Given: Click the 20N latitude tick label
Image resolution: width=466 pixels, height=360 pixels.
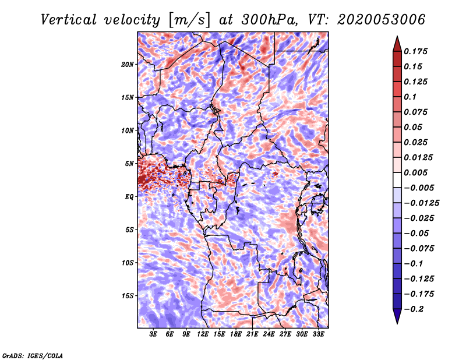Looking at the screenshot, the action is (128, 65).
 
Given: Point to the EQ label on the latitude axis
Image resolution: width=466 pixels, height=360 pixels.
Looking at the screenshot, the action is (129, 197).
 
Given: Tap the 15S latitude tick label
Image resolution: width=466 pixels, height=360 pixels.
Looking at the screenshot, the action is (128, 296).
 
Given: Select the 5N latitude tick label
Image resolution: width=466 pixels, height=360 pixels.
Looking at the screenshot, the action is (129, 164).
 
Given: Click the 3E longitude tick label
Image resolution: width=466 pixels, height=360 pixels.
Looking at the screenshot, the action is (153, 334).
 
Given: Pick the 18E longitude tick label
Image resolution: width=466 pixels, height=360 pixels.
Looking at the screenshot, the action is (236, 334).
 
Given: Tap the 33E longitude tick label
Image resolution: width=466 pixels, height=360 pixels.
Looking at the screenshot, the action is (318, 334).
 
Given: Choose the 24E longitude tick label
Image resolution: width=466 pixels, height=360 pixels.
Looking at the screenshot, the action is (269, 334).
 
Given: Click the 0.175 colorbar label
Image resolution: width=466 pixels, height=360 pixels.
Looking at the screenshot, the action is (415, 51).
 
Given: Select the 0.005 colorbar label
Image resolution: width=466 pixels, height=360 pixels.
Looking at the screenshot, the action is (415, 172).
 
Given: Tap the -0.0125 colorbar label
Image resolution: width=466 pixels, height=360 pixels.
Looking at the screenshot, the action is (421, 203).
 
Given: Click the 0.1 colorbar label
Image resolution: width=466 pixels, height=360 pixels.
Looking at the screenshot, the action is (410, 97).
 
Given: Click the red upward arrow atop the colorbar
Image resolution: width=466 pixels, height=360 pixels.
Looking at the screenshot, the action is (397, 44).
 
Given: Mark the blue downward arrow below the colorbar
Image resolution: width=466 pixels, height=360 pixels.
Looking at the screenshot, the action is (397, 316).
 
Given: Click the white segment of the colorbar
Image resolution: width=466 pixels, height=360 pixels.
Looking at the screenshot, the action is (397, 180).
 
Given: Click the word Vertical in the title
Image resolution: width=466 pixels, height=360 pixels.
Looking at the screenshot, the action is (69, 20).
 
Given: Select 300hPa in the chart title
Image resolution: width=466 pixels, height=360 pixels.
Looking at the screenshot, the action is (269, 20).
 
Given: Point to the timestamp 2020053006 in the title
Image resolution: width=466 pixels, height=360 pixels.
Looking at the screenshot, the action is (381, 20).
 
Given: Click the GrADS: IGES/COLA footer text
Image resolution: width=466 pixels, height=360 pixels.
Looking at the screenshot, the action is (33, 355).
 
